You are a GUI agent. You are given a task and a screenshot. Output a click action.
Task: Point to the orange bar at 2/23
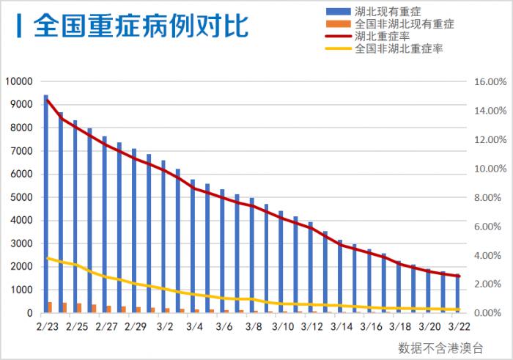tap(50, 307)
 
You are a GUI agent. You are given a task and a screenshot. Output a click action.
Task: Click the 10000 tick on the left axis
tap(20, 81)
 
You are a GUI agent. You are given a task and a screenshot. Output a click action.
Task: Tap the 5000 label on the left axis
tap(22, 197)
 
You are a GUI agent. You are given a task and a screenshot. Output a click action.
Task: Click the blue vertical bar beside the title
tap(18, 25)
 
